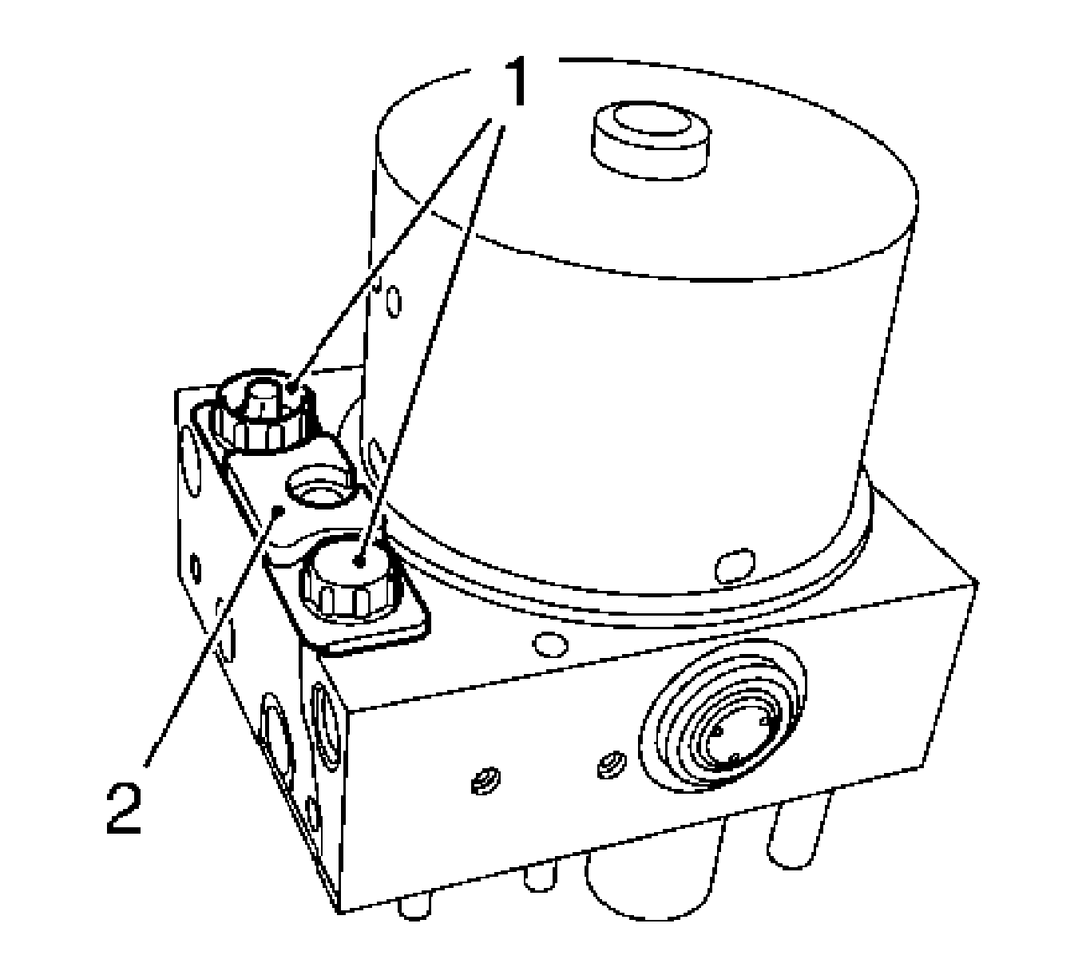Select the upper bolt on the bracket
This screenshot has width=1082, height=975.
pos(264,414)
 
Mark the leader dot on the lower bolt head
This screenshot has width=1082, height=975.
pos(359,562)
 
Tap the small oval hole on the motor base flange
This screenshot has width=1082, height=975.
pos(735,565)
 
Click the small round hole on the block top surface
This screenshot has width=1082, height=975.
pos(550,644)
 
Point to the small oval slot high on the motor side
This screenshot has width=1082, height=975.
pos(394,302)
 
